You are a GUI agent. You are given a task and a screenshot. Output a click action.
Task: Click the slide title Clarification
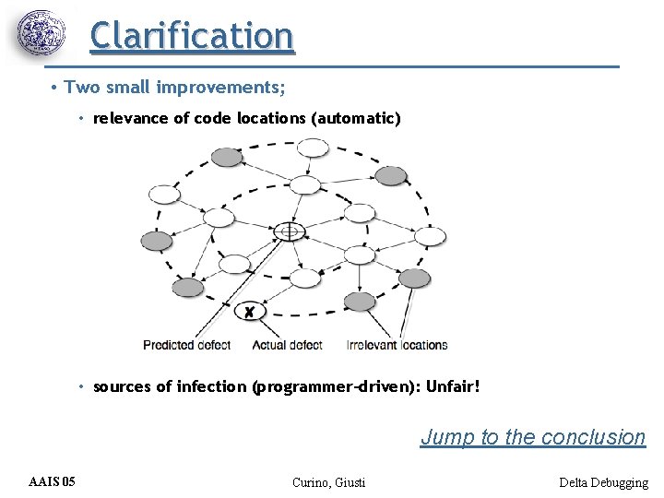(192, 35)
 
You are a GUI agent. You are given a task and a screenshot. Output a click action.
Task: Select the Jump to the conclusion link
(533, 437)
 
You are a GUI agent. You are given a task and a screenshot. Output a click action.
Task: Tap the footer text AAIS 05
(53, 482)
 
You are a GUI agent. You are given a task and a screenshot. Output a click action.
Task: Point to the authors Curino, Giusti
(328, 482)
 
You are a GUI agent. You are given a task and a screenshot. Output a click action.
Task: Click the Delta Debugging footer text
(603, 482)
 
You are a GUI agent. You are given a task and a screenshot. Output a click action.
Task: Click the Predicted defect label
(199, 345)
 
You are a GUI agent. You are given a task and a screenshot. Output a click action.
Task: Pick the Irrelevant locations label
(397, 345)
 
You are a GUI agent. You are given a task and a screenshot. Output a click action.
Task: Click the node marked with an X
(249, 313)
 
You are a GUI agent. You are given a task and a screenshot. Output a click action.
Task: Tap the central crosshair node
(290, 231)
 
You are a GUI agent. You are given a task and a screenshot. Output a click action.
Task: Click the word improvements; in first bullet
(220, 89)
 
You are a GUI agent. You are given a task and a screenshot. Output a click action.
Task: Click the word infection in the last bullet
(212, 386)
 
